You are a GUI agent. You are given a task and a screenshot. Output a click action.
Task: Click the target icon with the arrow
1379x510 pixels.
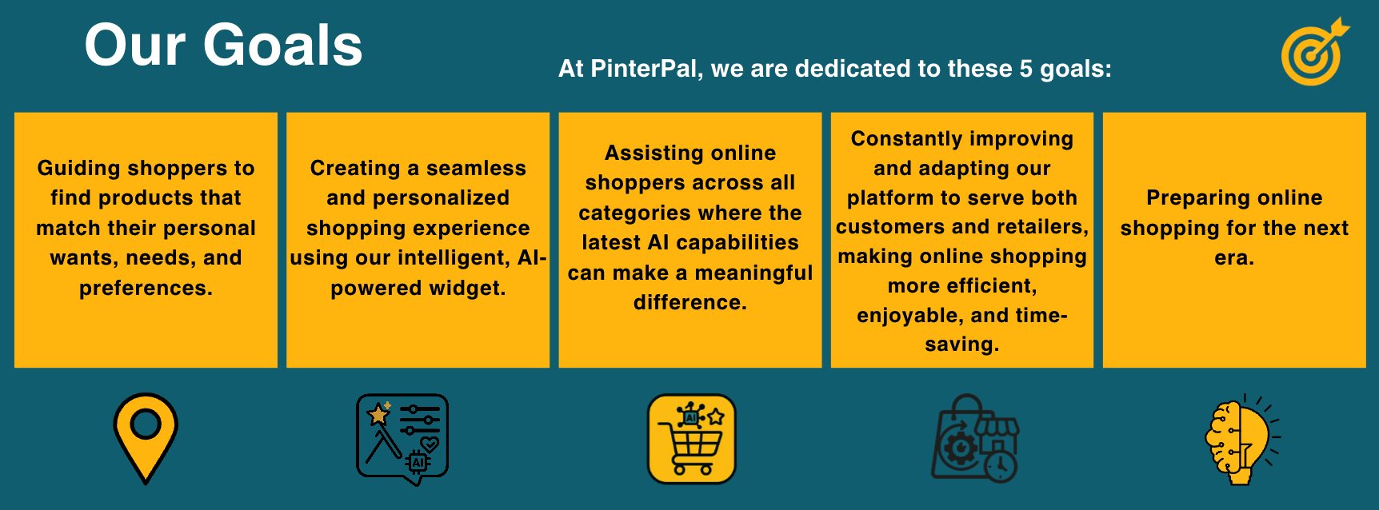coord(1313,53)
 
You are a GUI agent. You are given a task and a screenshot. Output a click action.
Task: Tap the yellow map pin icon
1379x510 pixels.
coord(146,438)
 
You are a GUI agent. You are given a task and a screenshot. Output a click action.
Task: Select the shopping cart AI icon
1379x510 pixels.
coord(691,439)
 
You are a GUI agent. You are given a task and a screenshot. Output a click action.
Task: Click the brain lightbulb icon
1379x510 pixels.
coord(1242,439)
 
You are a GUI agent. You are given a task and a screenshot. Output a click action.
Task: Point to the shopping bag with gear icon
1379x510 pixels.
coord(975,438)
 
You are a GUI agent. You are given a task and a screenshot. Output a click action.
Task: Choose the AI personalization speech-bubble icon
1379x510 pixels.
coord(402,439)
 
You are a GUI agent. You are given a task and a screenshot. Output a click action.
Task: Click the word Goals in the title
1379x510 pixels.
coord(283,46)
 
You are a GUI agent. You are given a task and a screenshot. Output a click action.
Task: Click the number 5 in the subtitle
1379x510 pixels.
coord(1025,69)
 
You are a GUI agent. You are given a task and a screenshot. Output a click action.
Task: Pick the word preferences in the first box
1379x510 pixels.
coord(146,288)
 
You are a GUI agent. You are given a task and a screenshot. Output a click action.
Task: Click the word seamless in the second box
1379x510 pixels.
coord(476,168)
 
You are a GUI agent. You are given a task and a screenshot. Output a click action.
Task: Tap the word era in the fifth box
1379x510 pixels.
coord(1234,258)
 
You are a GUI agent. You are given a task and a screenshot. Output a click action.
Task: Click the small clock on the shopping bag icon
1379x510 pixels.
coord(1000,466)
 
